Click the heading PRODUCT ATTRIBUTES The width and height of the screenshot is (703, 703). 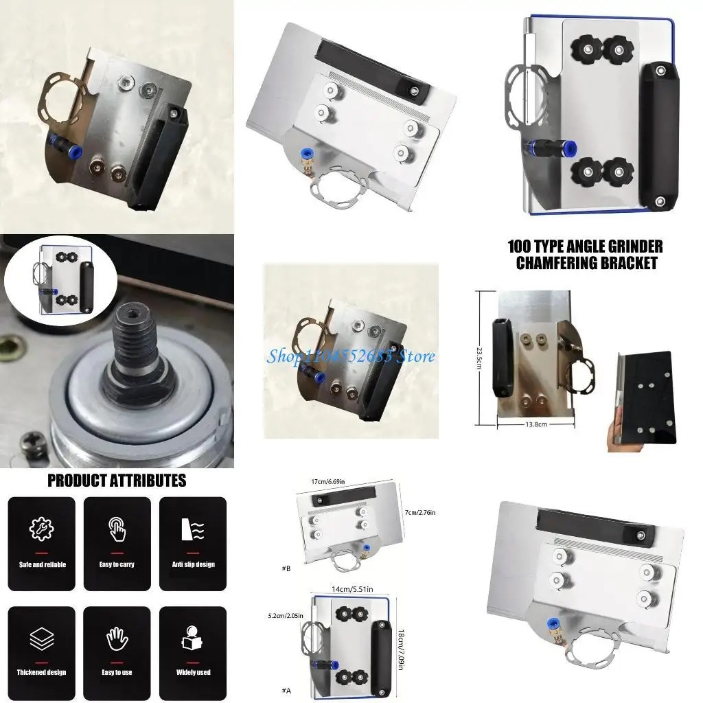pyautogui.click(x=117, y=481)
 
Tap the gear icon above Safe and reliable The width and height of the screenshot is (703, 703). pyautogui.click(x=41, y=530)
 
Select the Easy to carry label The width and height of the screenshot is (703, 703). pyautogui.click(x=117, y=564)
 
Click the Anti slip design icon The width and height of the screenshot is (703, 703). pyautogui.click(x=193, y=530)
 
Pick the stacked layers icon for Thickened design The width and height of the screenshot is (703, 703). pyautogui.click(x=41, y=638)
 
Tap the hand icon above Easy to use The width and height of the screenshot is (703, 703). pyautogui.click(x=117, y=638)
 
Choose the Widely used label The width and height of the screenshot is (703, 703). pyautogui.click(x=193, y=672)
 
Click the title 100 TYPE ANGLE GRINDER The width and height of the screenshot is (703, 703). pyautogui.click(x=585, y=246)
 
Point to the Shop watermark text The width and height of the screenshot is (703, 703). pyautogui.click(x=351, y=356)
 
